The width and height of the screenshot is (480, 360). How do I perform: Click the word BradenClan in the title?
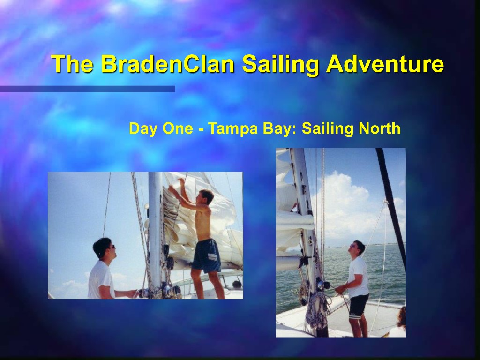click(168, 64)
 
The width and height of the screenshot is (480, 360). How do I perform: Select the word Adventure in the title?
click(385, 64)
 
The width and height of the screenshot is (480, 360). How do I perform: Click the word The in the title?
click(73, 64)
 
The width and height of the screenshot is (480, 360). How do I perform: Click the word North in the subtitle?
click(380, 128)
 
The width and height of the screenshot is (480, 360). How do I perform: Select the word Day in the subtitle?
click(143, 128)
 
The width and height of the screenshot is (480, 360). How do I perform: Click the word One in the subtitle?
click(178, 128)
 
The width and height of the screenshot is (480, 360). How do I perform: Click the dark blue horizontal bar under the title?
click(88, 89)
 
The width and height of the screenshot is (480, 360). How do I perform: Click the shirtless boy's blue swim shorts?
click(207, 256)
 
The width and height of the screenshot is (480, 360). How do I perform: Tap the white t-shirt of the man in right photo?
click(358, 277)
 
